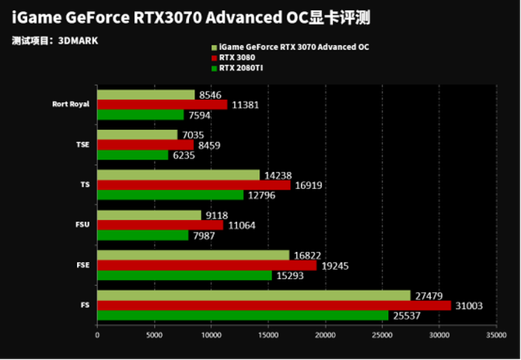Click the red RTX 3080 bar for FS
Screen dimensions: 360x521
pos(274,306)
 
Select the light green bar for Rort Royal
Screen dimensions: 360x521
pos(146,95)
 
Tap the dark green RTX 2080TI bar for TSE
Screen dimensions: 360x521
pos(133,155)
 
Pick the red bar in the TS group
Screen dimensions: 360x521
pos(194,185)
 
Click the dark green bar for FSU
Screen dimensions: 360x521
pos(143,235)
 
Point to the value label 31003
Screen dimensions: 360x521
pos(469,306)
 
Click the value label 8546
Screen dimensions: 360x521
pos(211,95)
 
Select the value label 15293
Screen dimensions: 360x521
pos(289,275)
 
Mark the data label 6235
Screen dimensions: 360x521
pos(184,155)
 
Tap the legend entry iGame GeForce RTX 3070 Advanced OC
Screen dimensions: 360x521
pos(293,47)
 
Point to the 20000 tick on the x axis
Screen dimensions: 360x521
pos(326,336)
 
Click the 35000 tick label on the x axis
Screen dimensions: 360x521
pos(496,336)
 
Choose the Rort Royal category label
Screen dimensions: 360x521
pos(72,104)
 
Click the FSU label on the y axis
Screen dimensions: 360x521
pos(83,225)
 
